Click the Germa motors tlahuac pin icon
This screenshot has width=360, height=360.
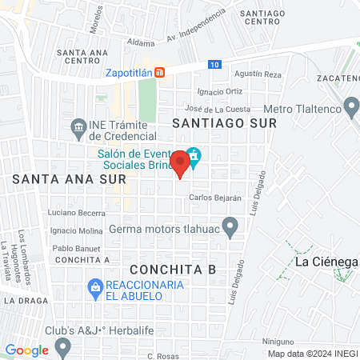230,227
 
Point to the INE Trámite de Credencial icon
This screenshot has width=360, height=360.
78,126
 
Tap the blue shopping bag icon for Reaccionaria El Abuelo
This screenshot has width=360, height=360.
95,286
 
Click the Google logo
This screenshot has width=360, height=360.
26,350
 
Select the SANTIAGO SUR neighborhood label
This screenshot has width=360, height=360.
224,124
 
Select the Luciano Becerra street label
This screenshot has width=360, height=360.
77,213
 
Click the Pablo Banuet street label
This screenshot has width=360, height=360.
76,248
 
